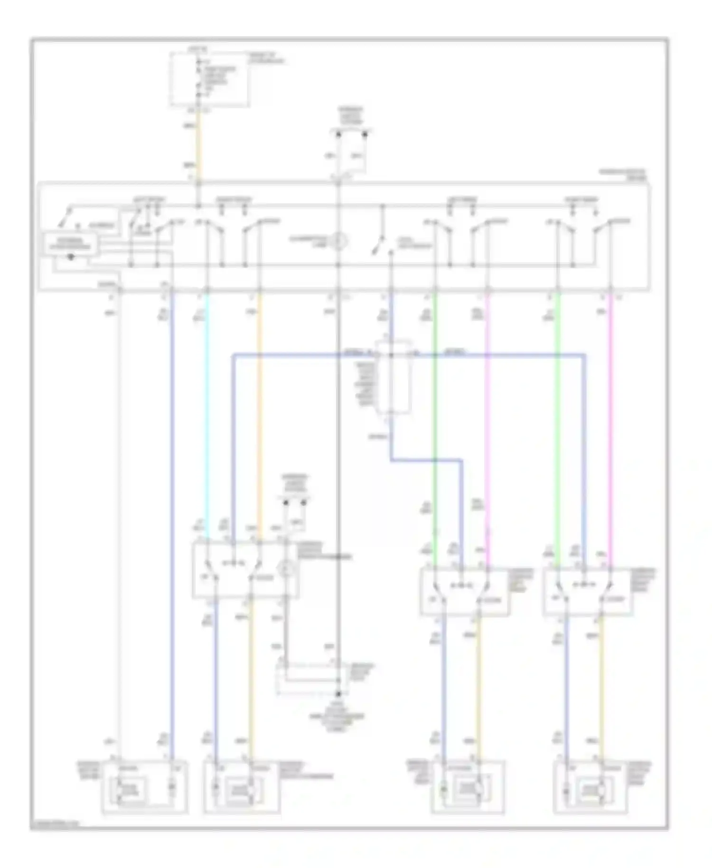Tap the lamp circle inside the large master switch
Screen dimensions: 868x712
point(338,241)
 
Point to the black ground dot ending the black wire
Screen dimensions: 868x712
point(338,694)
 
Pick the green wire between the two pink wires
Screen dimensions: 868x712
point(557,427)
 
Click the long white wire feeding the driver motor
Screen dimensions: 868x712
point(119,522)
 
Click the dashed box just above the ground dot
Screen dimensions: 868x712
point(309,678)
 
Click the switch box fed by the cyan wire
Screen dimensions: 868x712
point(245,570)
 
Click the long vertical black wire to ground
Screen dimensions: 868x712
point(338,475)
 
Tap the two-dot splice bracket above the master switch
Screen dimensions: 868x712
point(352,134)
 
